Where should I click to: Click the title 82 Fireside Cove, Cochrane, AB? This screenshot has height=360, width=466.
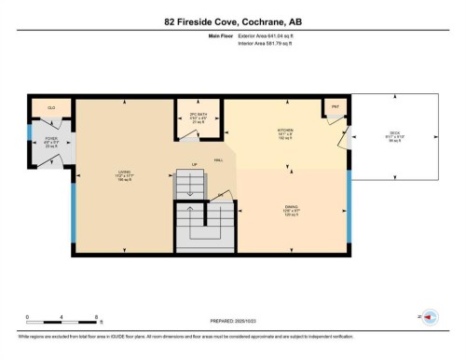(x=233, y=21)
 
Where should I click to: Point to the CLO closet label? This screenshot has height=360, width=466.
(x=50, y=107)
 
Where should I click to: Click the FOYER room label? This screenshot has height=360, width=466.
(x=51, y=138)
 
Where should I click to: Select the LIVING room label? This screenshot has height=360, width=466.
(x=122, y=171)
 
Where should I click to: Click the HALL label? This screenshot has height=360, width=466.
(x=217, y=159)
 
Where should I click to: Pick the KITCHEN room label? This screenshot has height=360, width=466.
(x=286, y=130)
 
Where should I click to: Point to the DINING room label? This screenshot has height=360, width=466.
(x=291, y=207)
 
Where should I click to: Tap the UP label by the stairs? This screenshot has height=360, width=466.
(x=194, y=164)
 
